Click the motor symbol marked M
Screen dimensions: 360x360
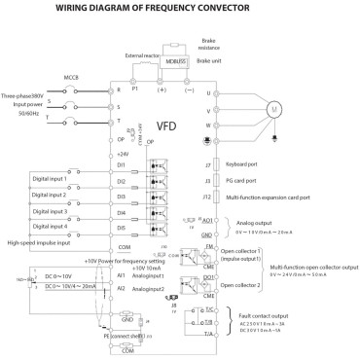coord(301,108)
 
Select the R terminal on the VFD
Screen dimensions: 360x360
coord(121,89)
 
